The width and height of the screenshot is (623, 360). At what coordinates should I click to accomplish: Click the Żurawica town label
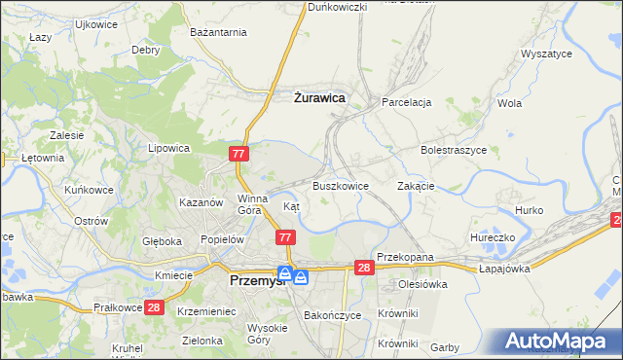[x=319, y=97]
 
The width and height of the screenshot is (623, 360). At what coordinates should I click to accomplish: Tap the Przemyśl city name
[x=255, y=280]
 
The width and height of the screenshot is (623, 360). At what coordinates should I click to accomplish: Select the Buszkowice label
[x=340, y=185]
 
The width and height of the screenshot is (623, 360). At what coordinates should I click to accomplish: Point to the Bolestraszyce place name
[x=453, y=151]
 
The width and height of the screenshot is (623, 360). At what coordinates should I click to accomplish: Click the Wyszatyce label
[x=546, y=54]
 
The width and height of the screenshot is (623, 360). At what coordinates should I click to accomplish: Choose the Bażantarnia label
[x=218, y=32]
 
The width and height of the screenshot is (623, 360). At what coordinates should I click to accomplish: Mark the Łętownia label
[x=42, y=157]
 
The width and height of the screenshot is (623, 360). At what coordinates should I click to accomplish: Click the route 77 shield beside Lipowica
[x=239, y=154]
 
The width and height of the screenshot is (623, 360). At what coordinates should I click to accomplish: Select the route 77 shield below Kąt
[x=285, y=237]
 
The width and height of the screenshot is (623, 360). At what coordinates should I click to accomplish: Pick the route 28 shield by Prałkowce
[x=154, y=307]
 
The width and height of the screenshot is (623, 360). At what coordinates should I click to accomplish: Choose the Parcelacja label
[x=406, y=101]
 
